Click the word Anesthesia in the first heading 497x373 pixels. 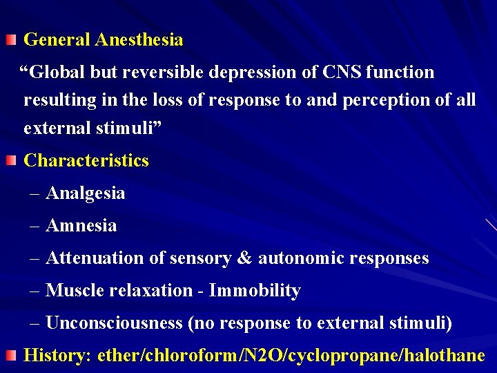click(139, 40)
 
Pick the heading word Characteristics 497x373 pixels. click(86, 161)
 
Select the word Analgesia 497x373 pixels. click(86, 193)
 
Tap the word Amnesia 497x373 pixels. click(81, 226)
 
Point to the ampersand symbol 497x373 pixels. click(244, 258)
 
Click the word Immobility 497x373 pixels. click(255, 291)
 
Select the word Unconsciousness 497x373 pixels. click(114, 323)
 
